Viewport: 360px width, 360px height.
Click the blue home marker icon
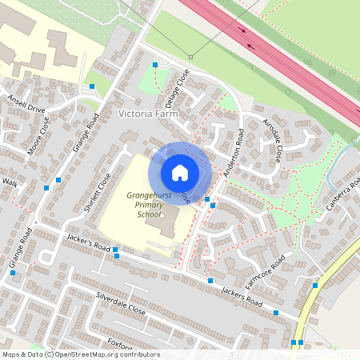180,172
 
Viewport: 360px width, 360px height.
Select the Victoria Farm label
148,114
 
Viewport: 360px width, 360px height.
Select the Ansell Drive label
27,106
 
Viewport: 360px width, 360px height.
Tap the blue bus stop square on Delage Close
155,63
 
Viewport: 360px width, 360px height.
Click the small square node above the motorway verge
190,57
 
